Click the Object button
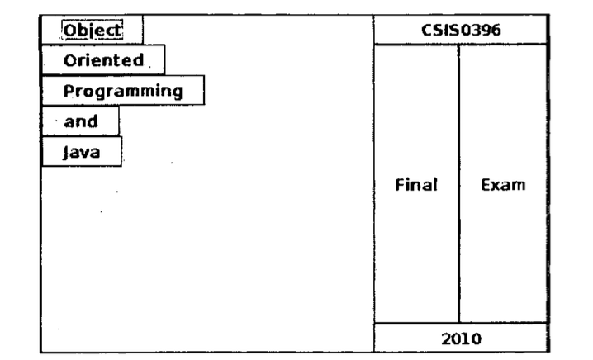(92, 30)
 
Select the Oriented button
(103, 60)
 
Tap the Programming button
(122, 90)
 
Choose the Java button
(81, 152)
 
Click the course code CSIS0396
(461, 31)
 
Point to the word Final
(416, 184)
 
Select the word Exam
(503, 184)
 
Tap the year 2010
(461, 338)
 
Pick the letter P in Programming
(69, 90)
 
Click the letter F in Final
(401, 184)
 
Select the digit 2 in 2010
(446, 338)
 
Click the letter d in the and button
(93, 121)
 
